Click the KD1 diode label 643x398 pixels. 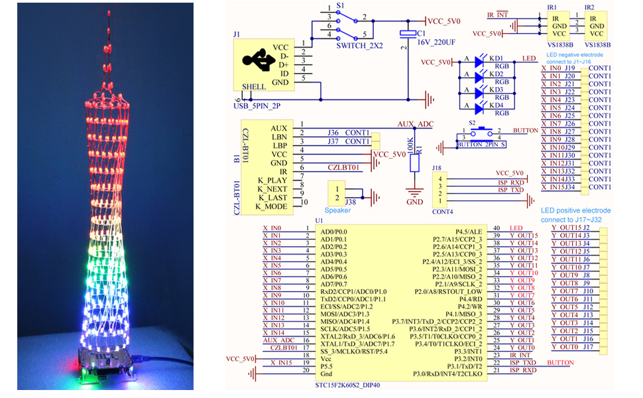tap(497, 58)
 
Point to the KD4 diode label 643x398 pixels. tap(497, 104)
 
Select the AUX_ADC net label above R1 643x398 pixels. tap(415, 124)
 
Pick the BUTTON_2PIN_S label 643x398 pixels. tap(481, 143)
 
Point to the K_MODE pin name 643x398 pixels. tap(273, 206)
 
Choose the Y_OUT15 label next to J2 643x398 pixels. tap(565, 228)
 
